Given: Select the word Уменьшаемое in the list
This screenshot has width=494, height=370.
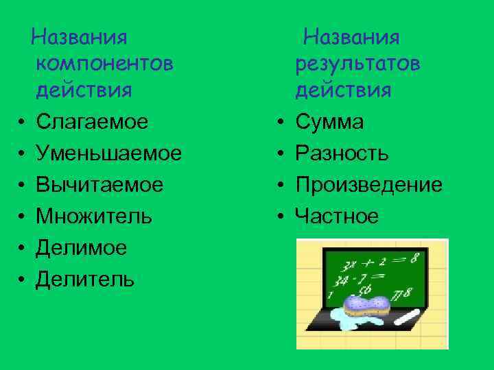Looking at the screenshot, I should coord(109,153).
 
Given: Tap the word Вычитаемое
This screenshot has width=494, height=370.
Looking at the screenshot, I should coord(99,185).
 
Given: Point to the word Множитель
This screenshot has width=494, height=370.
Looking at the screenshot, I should coord(94,217).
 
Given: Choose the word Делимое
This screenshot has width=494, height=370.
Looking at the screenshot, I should coord(82,248).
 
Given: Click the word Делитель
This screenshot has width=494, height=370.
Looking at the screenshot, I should coord(85,280).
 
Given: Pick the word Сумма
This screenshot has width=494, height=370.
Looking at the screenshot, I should coord(329,122).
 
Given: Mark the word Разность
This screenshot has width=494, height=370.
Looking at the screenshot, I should coord(342,153).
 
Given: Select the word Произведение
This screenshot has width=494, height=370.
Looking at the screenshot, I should coord(368,185).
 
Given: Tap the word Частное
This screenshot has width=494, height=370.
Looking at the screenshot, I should coord(336,217).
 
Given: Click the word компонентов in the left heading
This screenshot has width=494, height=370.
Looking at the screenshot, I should coord(104,64).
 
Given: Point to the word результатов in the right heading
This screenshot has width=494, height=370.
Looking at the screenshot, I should coord(357,64).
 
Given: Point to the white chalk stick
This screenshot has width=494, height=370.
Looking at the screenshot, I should coord(408,317).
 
